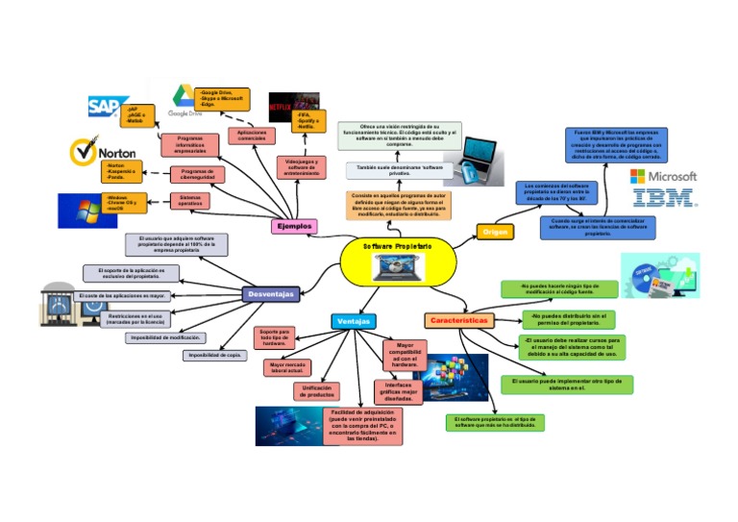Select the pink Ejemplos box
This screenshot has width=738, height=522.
coord(294,226)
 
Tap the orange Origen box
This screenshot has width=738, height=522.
coord(496,232)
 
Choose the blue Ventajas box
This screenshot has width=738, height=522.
coord(353,321)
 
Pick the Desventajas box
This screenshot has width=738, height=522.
coord(270,293)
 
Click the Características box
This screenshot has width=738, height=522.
coord(459,319)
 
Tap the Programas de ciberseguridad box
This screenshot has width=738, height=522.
coord(198,174)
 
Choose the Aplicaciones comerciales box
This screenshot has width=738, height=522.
coord(251,136)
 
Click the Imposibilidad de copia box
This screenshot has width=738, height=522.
coord(215,355)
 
